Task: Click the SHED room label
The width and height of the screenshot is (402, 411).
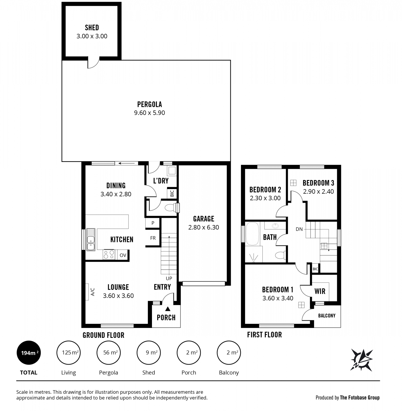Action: pos(92,27)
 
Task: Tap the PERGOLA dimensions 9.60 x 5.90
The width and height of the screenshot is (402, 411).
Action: pos(150,113)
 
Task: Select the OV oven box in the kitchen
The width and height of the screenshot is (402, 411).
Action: pos(123,255)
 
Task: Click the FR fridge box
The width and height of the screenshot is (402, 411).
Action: pos(153,238)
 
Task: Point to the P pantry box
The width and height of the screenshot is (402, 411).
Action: pos(153,223)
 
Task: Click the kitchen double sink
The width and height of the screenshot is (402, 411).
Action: pos(91,239)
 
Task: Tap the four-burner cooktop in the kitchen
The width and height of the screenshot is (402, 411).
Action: pos(109,255)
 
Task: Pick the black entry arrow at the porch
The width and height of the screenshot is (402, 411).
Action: pos(168,309)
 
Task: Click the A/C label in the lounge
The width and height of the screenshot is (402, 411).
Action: pos(93,292)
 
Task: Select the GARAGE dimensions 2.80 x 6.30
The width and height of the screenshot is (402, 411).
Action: pos(204,227)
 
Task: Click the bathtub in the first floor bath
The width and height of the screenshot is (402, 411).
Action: pos(252,233)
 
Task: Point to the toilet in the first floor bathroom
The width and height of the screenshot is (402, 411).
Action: pos(280,255)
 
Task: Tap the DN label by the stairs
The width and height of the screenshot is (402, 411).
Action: pos(299,229)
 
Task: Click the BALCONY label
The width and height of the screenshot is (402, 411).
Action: pos(327,316)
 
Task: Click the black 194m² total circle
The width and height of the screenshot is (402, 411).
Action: pos(29,353)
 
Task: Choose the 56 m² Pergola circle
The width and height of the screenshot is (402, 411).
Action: pos(109,353)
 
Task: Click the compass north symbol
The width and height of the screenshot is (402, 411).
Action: pos(361,360)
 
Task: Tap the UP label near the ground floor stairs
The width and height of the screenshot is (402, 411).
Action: pos(169,278)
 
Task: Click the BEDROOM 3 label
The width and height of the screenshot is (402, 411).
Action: pos(318,183)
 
